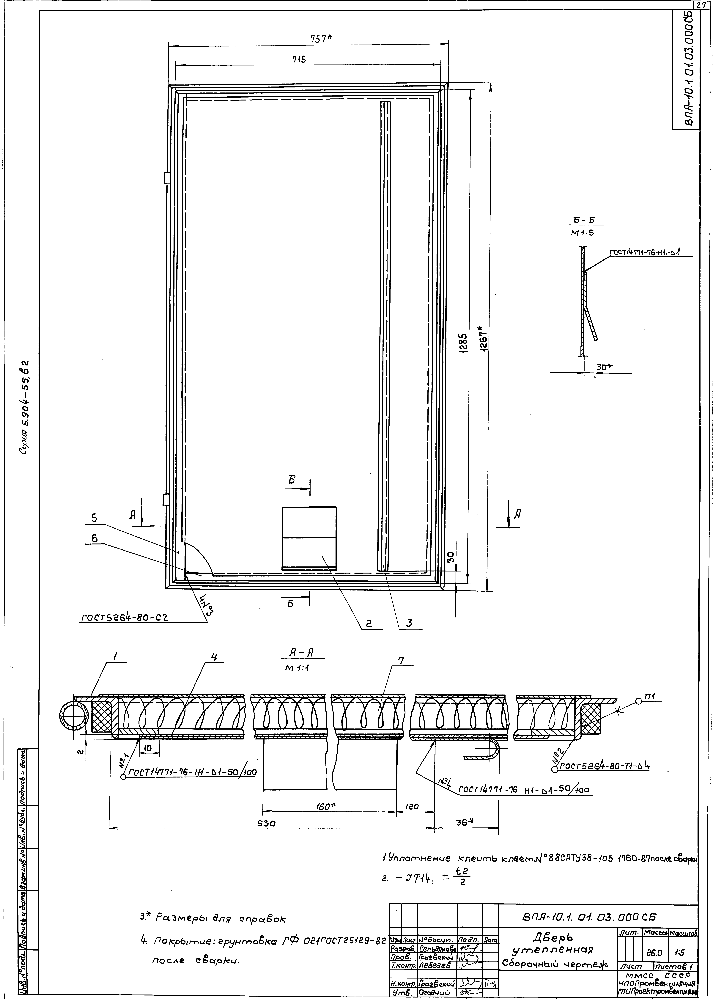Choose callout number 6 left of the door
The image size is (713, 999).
coord(94,539)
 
